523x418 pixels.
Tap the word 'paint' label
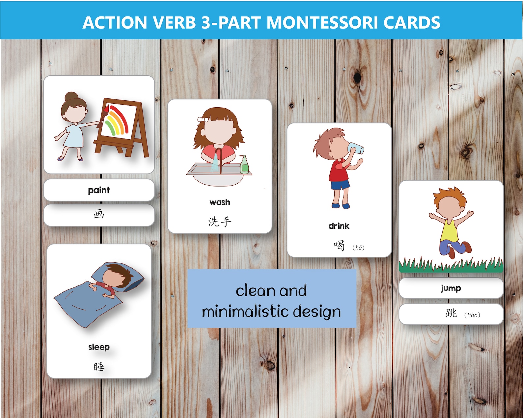[99, 190]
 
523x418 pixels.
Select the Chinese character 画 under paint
[99, 214]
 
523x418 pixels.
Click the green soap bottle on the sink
[244, 165]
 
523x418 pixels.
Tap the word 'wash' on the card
[220, 202]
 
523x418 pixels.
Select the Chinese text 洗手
[220, 222]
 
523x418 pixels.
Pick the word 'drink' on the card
[339, 226]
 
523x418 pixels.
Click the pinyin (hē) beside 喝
[358, 248]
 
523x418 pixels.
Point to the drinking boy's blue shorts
[340, 185]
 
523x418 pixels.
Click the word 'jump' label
[451, 288]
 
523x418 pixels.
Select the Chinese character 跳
[451, 313]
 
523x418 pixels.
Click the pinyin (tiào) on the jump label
[472, 315]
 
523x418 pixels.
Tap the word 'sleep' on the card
[99, 347]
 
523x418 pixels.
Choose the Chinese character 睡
[99, 366]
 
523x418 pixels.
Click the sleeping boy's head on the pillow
[114, 275]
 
